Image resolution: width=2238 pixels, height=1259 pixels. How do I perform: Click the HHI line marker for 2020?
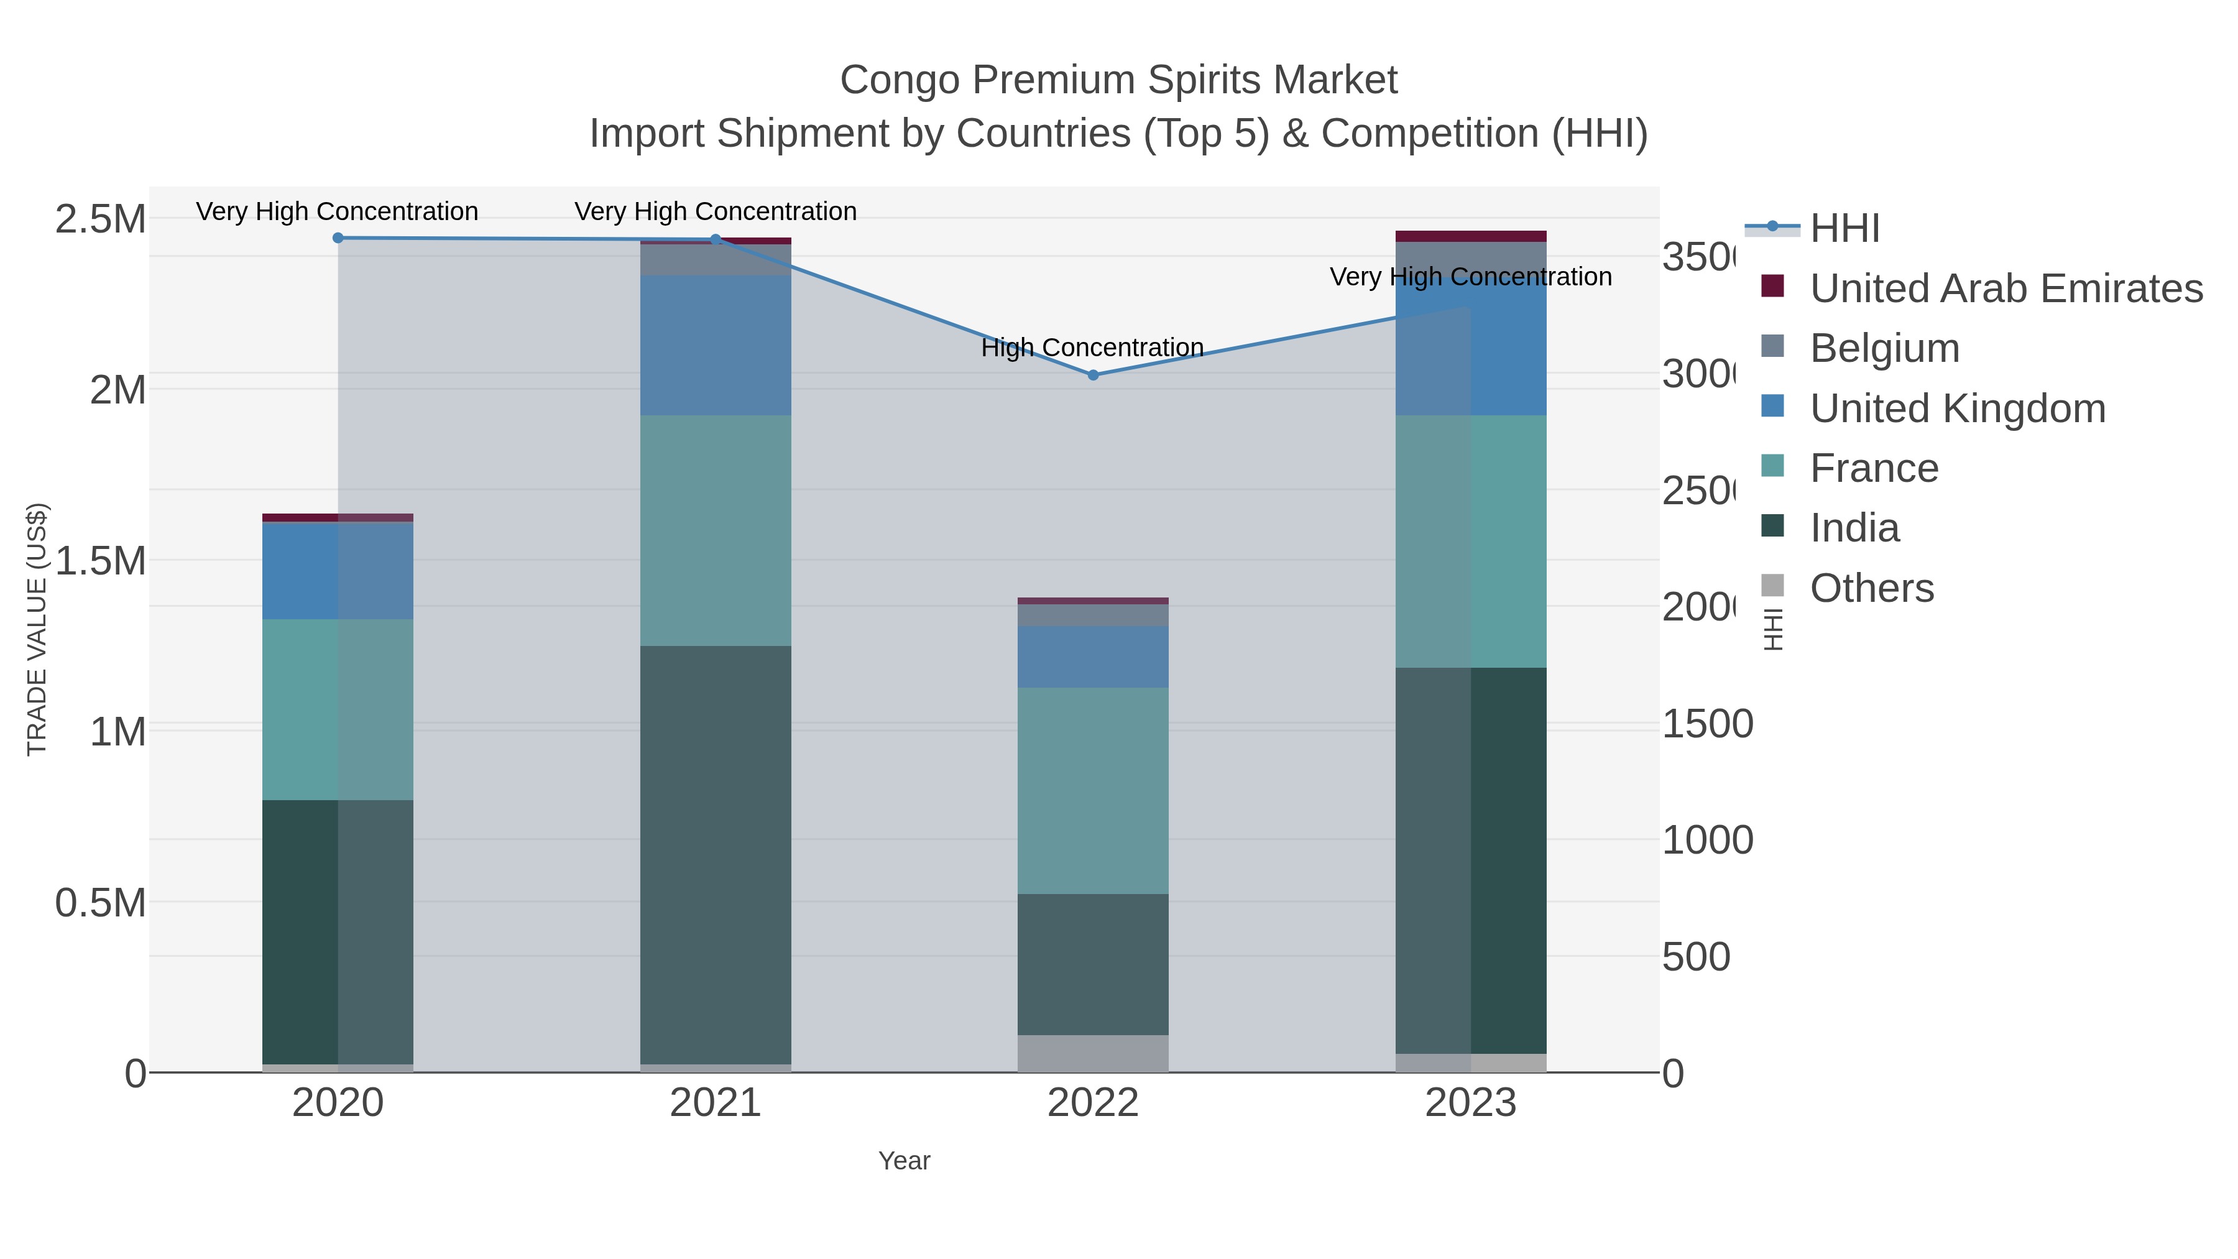(338, 238)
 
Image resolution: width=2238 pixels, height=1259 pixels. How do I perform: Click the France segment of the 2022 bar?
(1093, 791)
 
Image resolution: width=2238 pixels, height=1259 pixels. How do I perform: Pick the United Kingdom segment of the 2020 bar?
(338, 570)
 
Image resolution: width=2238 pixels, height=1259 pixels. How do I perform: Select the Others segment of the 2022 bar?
(1093, 1053)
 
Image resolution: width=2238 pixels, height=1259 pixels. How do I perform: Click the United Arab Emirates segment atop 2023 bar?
(1470, 236)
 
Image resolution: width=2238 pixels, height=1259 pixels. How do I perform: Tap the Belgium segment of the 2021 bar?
(716, 260)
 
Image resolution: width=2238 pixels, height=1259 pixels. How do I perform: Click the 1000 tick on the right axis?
(1706, 840)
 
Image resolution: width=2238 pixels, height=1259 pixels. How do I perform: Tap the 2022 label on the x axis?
(1093, 1104)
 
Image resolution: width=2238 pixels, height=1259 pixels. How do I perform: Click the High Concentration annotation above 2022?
(1092, 348)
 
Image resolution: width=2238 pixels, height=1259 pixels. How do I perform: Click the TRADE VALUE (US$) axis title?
(37, 629)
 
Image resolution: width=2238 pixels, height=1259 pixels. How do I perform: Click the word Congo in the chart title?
(900, 80)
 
